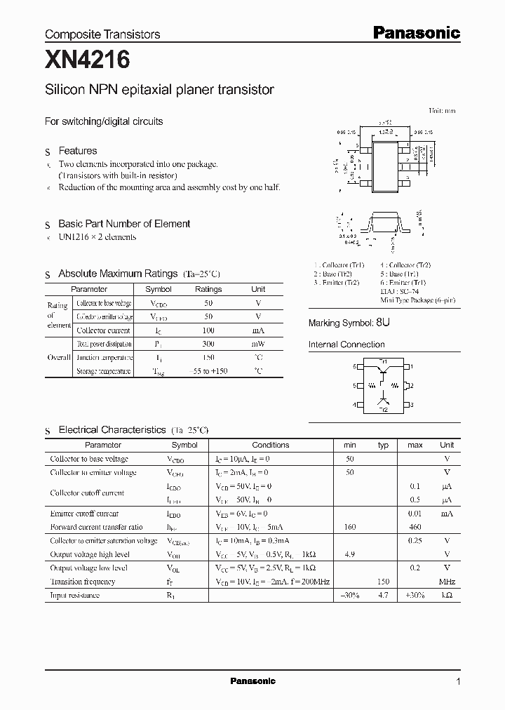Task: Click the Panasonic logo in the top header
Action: pyautogui.click(x=415, y=32)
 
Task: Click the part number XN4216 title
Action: pyautogui.click(x=88, y=61)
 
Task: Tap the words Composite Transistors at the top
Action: pyautogui.click(x=102, y=34)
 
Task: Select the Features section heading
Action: pyautogui.click(x=77, y=151)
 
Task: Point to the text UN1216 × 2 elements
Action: pyautogui.click(x=97, y=237)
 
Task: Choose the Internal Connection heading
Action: pyautogui.click(x=346, y=344)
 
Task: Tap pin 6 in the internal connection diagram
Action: pyautogui.click(x=355, y=366)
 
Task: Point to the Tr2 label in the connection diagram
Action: pyautogui.click(x=383, y=408)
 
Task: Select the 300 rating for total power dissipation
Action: pyautogui.click(x=208, y=344)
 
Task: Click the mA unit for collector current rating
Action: pyautogui.click(x=258, y=330)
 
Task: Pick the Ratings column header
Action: pyautogui.click(x=208, y=289)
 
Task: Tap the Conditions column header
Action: pyautogui.click(x=270, y=445)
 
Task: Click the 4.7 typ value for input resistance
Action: pyautogui.click(x=383, y=595)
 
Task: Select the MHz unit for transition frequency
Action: pyautogui.click(x=446, y=582)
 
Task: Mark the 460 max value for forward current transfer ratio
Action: pyautogui.click(x=415, y=527)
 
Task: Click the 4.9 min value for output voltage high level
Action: pyautogui.click(x=349, y=554)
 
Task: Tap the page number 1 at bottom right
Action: pyautogui.click(x=458, y=681)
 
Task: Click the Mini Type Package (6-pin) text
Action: pyautogui.click(x=418, y=300)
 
